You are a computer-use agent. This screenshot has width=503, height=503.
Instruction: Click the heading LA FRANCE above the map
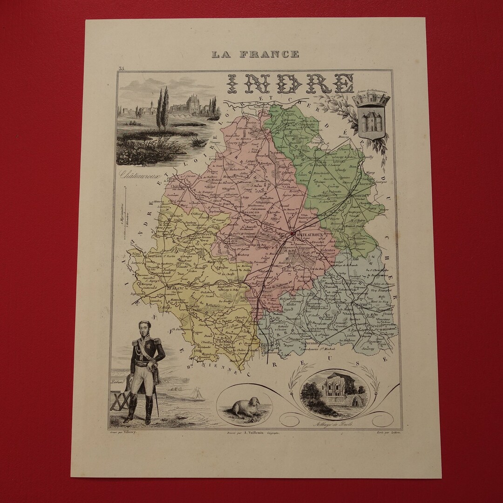[x=255, y=54]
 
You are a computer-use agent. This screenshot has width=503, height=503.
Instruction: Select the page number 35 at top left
[x=122, y=69]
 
